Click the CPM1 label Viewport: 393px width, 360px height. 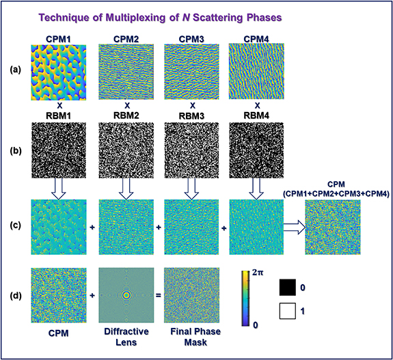pyautogui.click(x=58, y=40)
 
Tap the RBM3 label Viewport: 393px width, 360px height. pyautogui.click(x=192, y=116)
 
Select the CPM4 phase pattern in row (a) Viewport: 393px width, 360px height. pyautogui.click(x=256, y=72)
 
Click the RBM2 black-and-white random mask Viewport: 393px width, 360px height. pyautogui.click(x=126, y=150)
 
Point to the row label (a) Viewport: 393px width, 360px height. pyautogui.click(x=15, y=70)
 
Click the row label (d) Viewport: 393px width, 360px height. pyautogui.click(x=15, y=296)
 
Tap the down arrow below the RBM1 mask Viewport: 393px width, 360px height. pyautogui.click(x=58, y=189)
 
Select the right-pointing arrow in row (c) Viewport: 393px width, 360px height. pyautogui.click(x=295, y=227)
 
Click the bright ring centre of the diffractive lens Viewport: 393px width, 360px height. pyautogui.click(x=126, y=295)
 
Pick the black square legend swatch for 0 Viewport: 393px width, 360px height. pyautogui.click(x=288, y=288)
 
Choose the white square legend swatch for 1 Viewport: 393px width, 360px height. pyautogui.click(x=288, y=311)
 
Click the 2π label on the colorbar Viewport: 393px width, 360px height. pyautogui.click(x=258, y=273)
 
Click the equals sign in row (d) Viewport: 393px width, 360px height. pyautogui.click(x=158, y=295)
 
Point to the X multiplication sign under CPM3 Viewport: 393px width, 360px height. pyautogui.click(x=192, y=106)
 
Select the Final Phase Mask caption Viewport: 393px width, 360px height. pyautogui.click(x=195, y=337)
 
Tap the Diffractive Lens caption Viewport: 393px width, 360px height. pyautogui.click(x=126, y=337)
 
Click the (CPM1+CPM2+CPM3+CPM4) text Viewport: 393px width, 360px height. pyautogui.click(x=336, y=194)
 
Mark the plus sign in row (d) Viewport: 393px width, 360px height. pyautogui.click(x=92, y=296)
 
